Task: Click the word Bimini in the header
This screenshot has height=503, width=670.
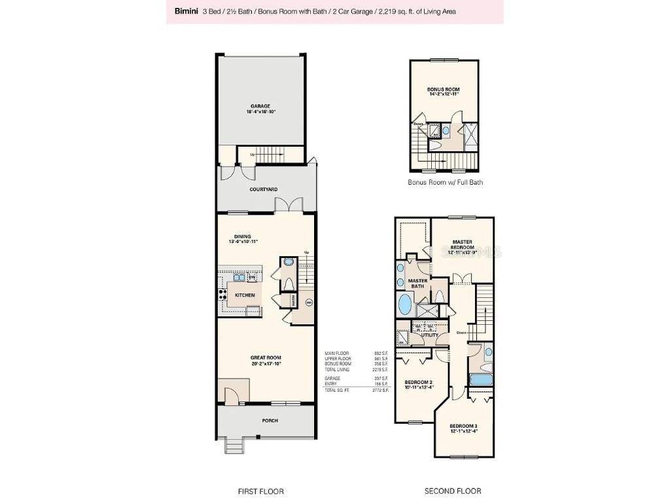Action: (186, 11)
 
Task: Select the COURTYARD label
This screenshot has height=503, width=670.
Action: (263, 189)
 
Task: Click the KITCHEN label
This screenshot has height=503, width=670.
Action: (245, 295)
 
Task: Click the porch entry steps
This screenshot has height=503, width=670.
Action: (234, 446)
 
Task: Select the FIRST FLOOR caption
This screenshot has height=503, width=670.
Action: (261, 491)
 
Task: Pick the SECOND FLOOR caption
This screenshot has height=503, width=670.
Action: (453, 491)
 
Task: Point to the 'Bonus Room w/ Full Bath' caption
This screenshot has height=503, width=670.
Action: (445, 182)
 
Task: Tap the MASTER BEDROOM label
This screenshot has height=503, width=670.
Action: (462, 244)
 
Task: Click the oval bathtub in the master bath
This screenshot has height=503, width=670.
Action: (406, 305)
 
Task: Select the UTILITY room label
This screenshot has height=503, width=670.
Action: (429, 335)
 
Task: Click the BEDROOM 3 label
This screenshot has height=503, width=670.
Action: (465, 429)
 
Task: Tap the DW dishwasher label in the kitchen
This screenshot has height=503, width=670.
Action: (252, 278)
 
